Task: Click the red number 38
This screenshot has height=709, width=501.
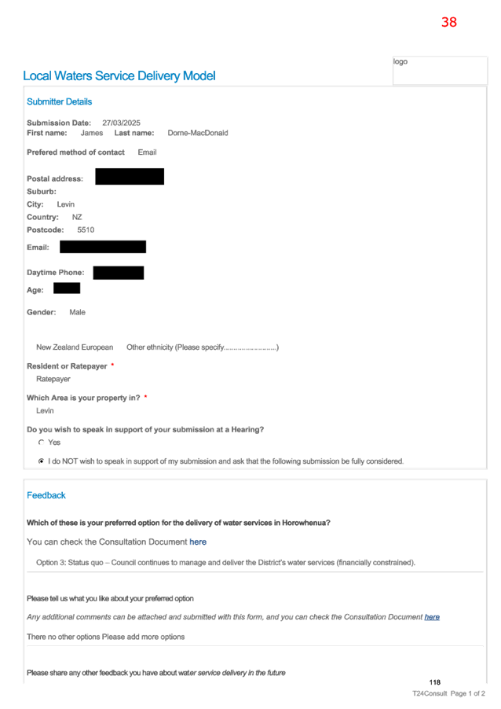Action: pyautogui.click(x=449, y=22)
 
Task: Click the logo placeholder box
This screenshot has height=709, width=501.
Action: pyautogui.click(x=440, y=70)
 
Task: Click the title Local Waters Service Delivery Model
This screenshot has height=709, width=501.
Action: pyautogui.click(x=119, y=75)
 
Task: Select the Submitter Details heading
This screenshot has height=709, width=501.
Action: pyautogui.click(x=59, y=101)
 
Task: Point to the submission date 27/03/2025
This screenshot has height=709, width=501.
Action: pyautogui.click(x=121, y=123)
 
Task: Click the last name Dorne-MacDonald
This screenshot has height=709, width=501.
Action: pyautogui.click(x=198, y=133)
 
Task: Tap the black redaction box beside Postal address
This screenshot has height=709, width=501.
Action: pyautogui.click(x=130, y=176)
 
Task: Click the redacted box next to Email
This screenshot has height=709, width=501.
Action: pyautogui.click(x=103, y=247)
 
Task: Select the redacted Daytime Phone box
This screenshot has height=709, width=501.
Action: pyautogui.click(x=119, y=273)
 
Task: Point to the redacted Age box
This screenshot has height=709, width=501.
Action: pyautogui.click(x=67, y=288)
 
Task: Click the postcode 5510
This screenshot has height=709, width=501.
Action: pyautogui.click(x=86, y=230)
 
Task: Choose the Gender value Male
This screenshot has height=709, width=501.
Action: pyautogui.click(x=77, y=313)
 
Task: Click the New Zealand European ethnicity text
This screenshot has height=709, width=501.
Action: pyautogui.click(x=75, y=347)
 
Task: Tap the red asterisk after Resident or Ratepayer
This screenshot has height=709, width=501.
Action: pyautogui.click(x=112, y=364)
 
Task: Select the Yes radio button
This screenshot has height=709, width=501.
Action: pyautogui.click(x=41, y=443)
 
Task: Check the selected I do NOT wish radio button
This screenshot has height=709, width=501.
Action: pyautogui.click(x=41, y=461)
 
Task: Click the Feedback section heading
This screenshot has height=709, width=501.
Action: pyautogui.click(x=46, y=495)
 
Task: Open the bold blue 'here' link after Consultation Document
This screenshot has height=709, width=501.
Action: pyautogui.click(x=198, y=542)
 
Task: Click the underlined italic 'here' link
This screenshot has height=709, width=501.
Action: pyautogui.click(x=432, y=617)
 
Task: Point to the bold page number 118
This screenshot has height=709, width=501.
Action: pyautogui.click(x=434, y=682)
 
